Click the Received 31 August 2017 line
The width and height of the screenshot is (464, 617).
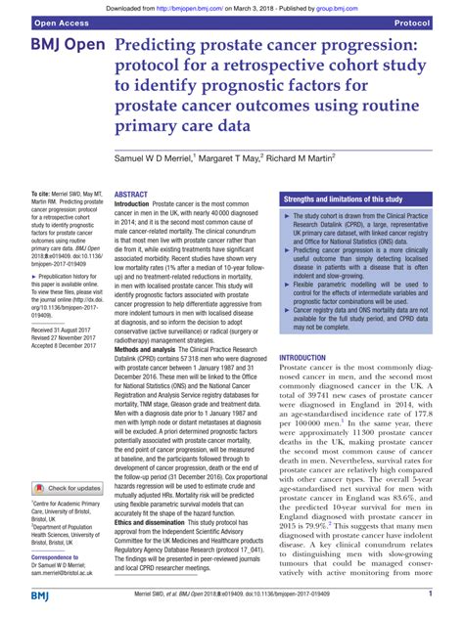pos(70,331)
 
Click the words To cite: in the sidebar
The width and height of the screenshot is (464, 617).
pos(42,169)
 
